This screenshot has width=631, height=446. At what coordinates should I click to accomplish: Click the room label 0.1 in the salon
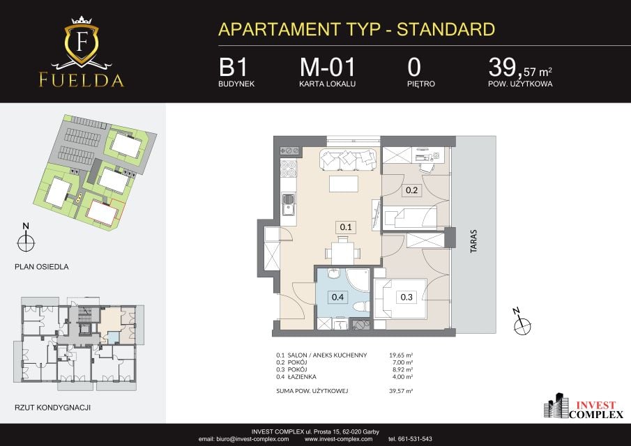tap(346, 227)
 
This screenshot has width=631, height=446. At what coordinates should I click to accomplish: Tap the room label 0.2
tap(411, 190)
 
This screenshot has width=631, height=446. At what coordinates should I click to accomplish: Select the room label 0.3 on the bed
tap(406, 297)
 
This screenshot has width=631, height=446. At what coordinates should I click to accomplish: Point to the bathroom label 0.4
tap(337, 297)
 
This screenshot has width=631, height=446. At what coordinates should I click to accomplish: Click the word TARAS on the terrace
tap(473, 241)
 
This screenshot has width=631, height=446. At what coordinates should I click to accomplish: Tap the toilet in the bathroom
tap(361, 307)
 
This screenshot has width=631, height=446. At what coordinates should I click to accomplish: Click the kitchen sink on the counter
tap(288, 204)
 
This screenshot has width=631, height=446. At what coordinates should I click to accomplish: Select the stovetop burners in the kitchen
tap(288, 169)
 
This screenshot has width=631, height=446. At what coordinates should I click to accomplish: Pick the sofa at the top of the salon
tap(349, 160)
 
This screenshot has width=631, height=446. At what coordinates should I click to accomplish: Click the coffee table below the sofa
tap(344, 184)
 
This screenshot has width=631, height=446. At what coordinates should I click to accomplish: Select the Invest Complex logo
tap(584, 406)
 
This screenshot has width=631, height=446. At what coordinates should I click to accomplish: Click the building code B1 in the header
tap(233, 67)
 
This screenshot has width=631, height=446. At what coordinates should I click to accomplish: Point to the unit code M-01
tap(328, 67)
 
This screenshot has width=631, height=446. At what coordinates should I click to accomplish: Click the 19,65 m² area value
tap(401, 355)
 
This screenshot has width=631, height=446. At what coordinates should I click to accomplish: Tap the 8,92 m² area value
tap(402, 369)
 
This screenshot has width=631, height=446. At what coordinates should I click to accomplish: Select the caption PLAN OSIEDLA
tap(41, 267)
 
